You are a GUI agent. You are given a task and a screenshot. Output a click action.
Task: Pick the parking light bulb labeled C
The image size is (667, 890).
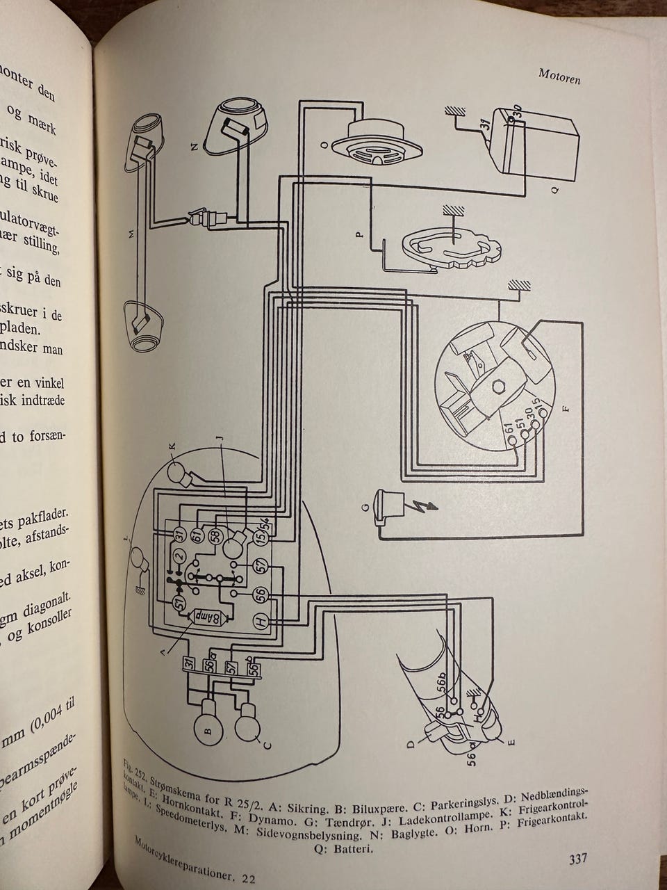(249, 727)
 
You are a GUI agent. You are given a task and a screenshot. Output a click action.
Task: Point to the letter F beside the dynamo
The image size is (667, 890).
(565, 408)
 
